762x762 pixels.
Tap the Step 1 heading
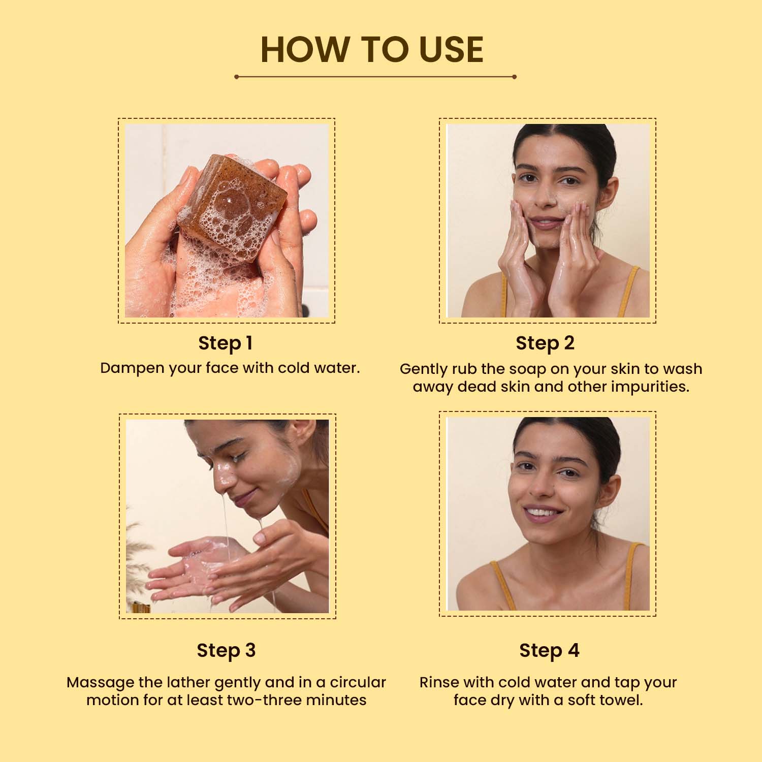coord(226,343)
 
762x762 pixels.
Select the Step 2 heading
coord(545,343)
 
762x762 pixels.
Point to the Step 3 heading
coord(226,651)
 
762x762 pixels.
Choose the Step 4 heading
coord(549,651)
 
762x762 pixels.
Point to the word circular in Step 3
coord(358,682)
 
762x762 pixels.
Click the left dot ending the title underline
coord(237,77)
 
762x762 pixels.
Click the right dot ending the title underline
coord(514,77)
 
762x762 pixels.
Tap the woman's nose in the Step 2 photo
coord(546,196)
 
